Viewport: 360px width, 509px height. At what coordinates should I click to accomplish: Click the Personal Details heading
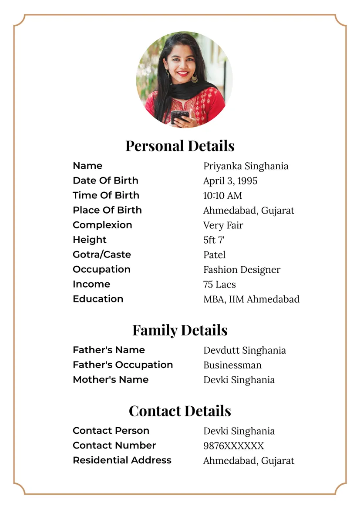point(180,146)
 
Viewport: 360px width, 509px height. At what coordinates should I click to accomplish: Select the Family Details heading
point(180,330)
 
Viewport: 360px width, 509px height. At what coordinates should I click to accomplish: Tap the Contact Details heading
point(180,411)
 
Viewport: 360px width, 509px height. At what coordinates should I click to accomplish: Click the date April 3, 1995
point(230,181)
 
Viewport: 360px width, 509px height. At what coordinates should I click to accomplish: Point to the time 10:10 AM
point(222,196)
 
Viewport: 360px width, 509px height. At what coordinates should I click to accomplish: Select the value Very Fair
point(223,225)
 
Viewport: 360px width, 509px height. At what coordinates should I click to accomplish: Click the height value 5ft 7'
point(214,240)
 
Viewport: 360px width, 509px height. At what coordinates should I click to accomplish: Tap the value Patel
point(214,255)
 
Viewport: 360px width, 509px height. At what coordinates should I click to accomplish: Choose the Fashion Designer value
point(242,270)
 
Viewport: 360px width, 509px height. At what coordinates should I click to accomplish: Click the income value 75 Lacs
point(219,285)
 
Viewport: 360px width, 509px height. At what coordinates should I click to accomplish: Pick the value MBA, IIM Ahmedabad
point(251,299)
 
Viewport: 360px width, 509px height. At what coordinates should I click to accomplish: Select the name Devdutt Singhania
point(244,351)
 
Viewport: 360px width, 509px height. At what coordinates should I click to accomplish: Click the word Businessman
point(232,365)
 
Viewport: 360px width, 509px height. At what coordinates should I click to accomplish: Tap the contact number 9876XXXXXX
point(233,446)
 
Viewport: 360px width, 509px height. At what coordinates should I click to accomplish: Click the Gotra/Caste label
point(102,254)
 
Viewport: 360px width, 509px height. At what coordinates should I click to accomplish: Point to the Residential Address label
point(122,460)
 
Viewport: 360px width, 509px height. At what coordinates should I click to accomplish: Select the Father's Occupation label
point(123,365)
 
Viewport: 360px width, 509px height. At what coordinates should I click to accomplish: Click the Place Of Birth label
point(107,210)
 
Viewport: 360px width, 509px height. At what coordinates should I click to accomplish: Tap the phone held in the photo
point(179,116)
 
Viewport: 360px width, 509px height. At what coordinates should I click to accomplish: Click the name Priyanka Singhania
point(246,166)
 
